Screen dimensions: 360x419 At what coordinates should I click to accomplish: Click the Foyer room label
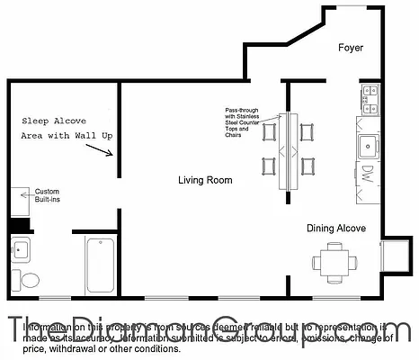pyautogui.click(x=351, y=48)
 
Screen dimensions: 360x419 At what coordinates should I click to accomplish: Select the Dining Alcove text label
pyautogui.click(x=336, y=229)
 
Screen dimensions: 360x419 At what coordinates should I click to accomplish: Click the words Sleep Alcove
pyautogui.click(x=50, y=120)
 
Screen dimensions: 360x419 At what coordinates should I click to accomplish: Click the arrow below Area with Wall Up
pyautogui.click(x=107, y=150)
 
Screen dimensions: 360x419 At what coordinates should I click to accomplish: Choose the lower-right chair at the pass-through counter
pyautogui.click(x=308, y=166)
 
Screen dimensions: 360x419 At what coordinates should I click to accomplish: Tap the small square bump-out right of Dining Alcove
pyautogui.click(x=394, y=256)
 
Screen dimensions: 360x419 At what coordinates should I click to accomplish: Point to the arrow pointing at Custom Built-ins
pyautogui.click(x=26, y=193)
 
